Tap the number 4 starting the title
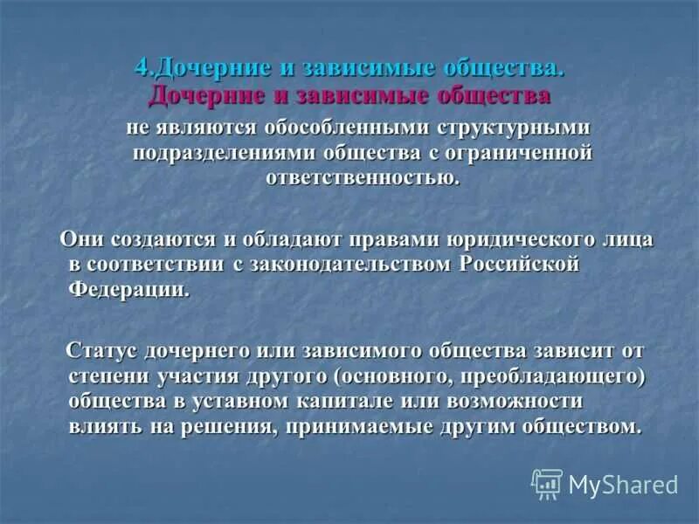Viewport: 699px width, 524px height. (142, 68)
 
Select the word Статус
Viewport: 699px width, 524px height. (103, 351)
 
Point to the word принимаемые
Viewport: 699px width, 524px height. (357, 427)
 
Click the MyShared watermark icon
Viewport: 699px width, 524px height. (547, 483)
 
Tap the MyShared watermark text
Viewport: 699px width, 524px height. (623, 484)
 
